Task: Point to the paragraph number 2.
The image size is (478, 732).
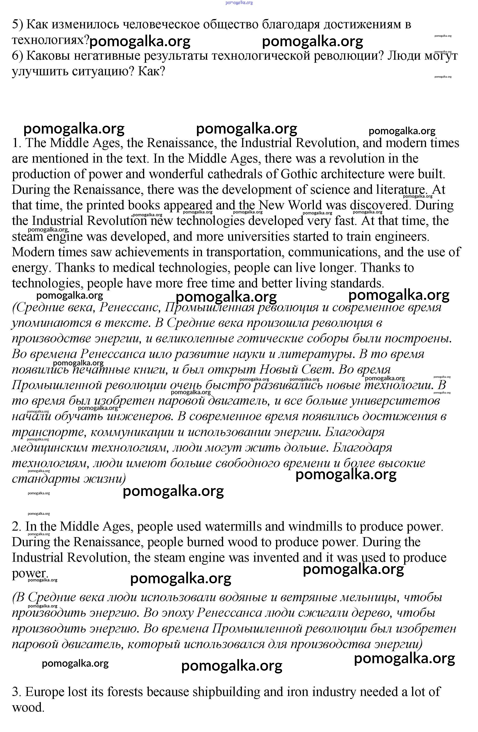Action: [x=16, y=527]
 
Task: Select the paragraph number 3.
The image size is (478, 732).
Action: [x=16, y=692]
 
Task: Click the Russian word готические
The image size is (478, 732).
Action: [x=270, y=339]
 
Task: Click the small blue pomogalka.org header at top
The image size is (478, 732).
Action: [x=239, y=3]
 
